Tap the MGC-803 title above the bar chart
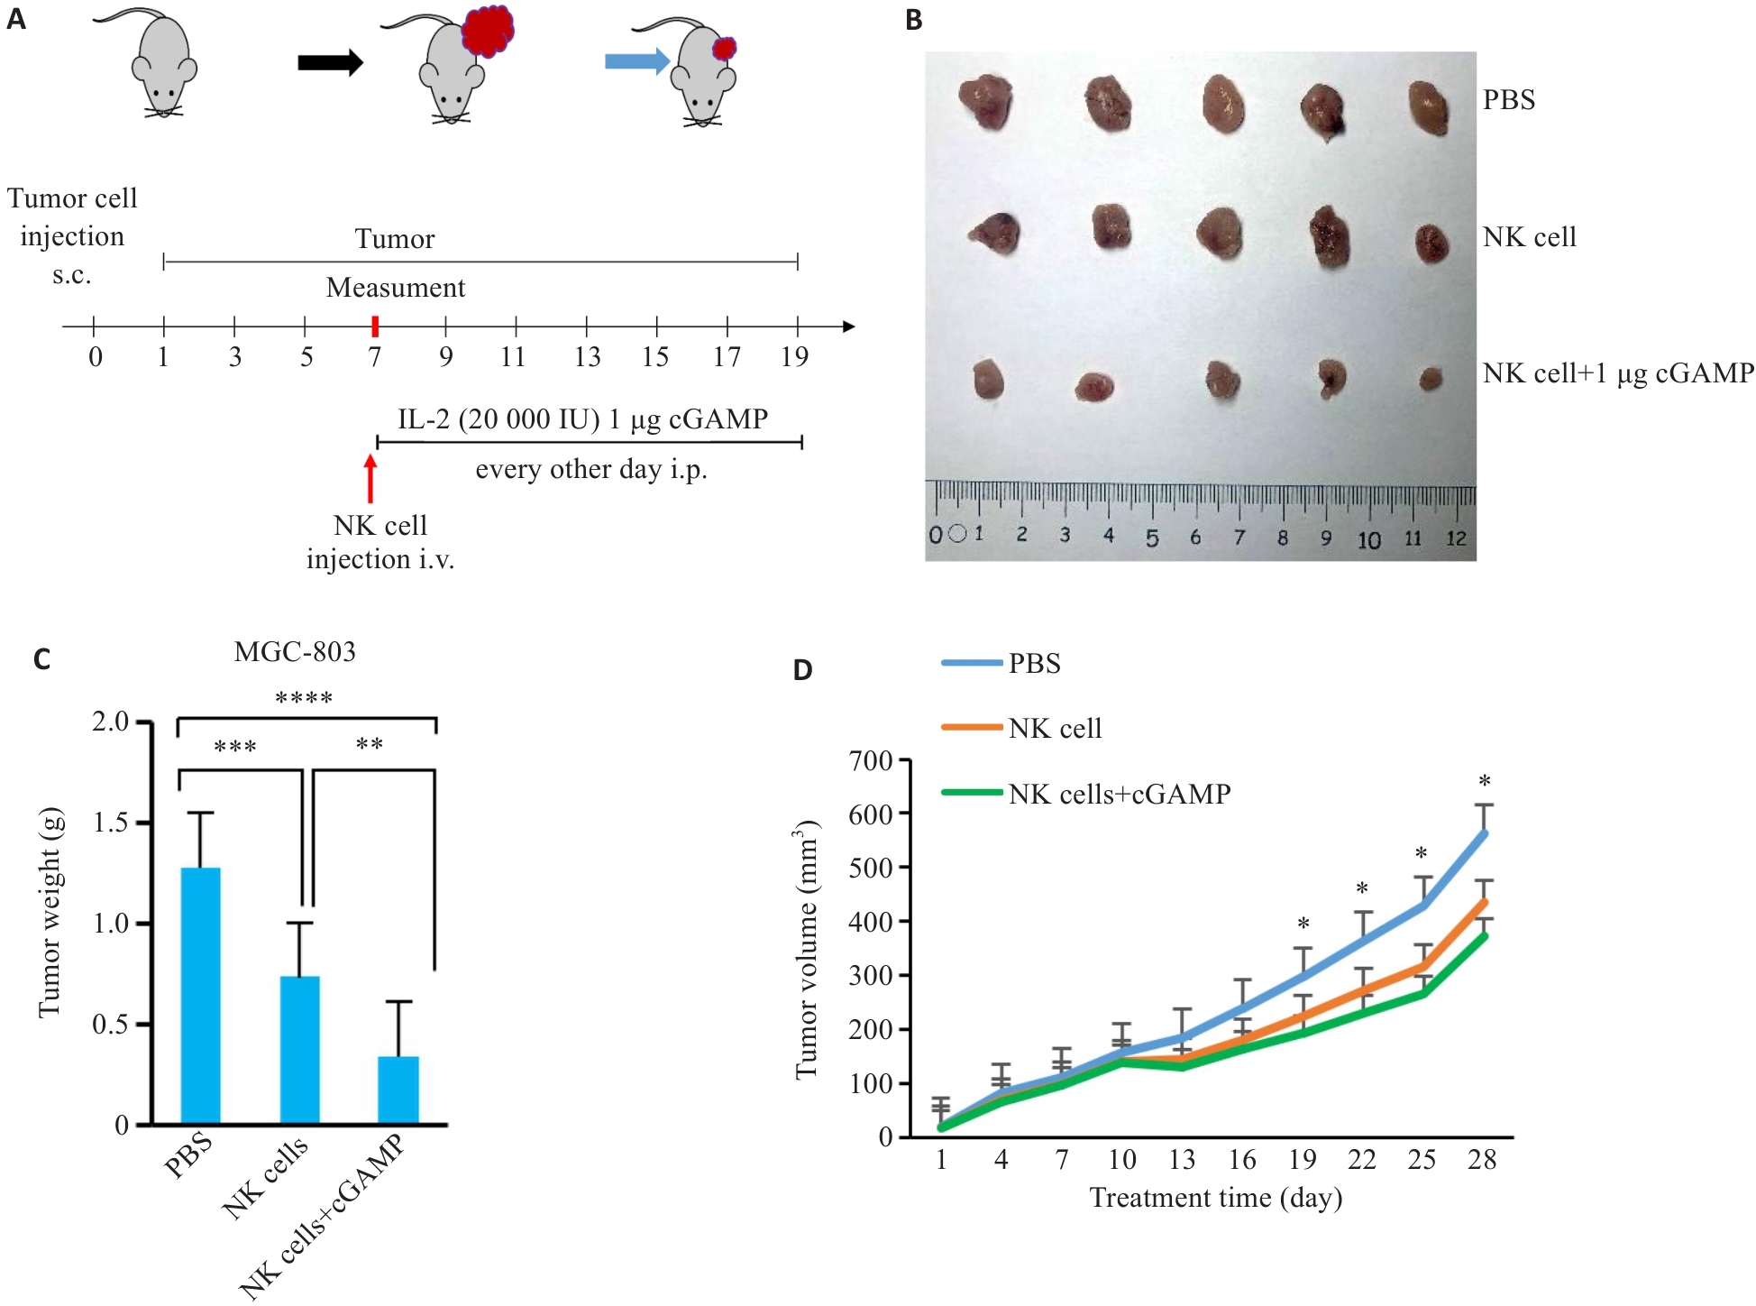[x=295, y=651]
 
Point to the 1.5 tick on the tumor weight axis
[x=111, y=823]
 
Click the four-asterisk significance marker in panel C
[x=304, y=698]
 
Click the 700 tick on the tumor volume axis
[x=870, y=761]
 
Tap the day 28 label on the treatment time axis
[x=1482, y=1160]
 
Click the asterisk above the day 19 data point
[x=1303, y=924]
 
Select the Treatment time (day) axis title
[x=1215, y=1198]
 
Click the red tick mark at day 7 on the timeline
[x=375, y=326]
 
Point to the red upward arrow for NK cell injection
[x=370, y=478]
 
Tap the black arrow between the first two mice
[x=330, y=62]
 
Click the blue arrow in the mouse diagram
[x=636, y=61]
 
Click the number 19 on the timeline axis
[x=794, y=357]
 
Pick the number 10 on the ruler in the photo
[x=1368, y=539]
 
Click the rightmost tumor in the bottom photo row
[x=1431, y=379]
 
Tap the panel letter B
[x=914, y=20]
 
